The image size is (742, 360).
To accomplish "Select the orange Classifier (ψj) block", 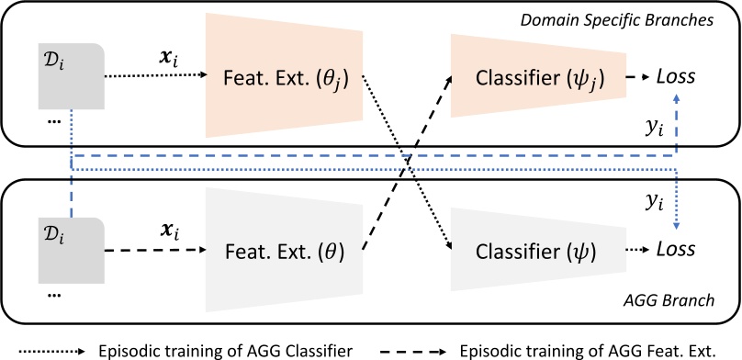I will (537, 79).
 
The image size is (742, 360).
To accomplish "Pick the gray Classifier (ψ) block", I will (537, 249).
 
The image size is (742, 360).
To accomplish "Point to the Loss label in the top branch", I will (675, 79).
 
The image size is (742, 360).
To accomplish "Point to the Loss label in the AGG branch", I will (675, 249).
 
